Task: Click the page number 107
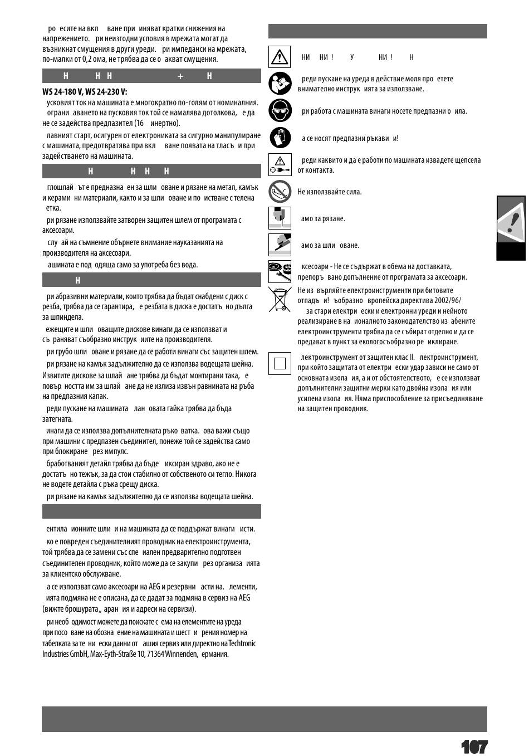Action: pos(474,747)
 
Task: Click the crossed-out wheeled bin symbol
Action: pos(280,299)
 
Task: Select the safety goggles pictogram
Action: pos(280,110)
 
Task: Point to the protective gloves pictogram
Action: pos(280,138)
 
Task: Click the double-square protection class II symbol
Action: pos(280,363)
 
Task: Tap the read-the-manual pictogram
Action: pos(280,84)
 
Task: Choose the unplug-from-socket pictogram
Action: pos(280,164)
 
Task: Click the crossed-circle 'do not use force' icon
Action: pos(280,191)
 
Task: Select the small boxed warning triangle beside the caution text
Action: pos(280,56)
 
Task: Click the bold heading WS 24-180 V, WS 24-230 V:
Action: pos(85,92)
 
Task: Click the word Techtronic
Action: pos(242,643)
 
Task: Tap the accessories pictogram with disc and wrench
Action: pos(280,271)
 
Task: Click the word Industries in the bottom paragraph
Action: pos(55,653)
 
